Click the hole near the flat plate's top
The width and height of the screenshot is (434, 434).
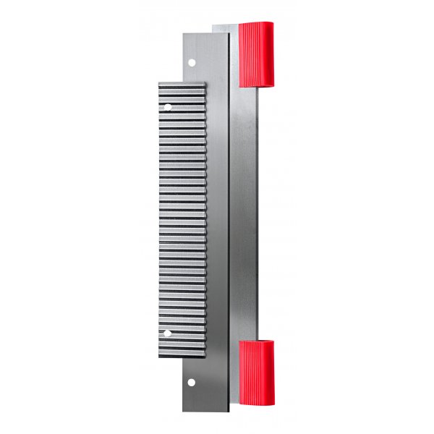[x=192, y=62]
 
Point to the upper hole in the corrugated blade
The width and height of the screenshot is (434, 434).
[x=168, y=107]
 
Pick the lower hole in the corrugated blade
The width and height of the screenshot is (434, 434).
[x=168, y=333]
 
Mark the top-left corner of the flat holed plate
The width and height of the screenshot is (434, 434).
[x=182, y=33]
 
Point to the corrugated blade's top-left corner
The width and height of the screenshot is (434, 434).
[x=158, y=82]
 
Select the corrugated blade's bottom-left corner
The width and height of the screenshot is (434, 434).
[x=158, y=357]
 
